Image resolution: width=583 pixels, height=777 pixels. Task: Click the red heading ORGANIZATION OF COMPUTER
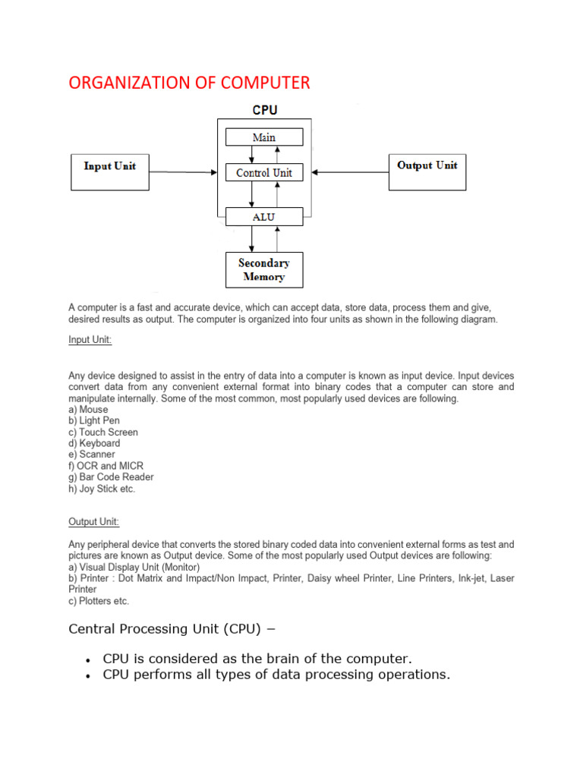[189, 83]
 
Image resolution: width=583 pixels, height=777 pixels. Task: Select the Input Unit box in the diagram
[110, 171]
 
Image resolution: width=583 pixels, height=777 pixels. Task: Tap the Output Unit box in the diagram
[427, 171]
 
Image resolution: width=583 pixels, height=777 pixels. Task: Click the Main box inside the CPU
[264, 137]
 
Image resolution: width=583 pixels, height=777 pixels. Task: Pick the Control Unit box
[264, 173]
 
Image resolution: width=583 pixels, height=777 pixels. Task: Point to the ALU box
[264, 217]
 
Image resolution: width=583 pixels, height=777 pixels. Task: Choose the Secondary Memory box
[264, 270]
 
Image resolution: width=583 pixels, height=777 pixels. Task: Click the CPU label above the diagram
[265, 110]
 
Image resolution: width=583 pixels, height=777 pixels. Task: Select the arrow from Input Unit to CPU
[182, 172]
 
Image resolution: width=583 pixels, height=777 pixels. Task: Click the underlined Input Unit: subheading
[90, 340]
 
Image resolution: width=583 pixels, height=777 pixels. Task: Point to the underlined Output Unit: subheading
[94, 522]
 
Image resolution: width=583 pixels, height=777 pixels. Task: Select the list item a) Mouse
[88, 409]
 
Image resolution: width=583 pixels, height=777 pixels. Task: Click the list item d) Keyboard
[94, 443]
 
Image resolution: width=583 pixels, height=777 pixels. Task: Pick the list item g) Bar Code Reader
[111, 477]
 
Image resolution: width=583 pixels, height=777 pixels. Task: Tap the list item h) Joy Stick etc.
[102, 489]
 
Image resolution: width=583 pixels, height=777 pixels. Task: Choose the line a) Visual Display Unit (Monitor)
[134, 567]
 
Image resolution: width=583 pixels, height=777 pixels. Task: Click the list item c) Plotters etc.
[99, 601]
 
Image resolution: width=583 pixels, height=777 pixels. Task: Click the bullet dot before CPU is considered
[90, 659]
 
